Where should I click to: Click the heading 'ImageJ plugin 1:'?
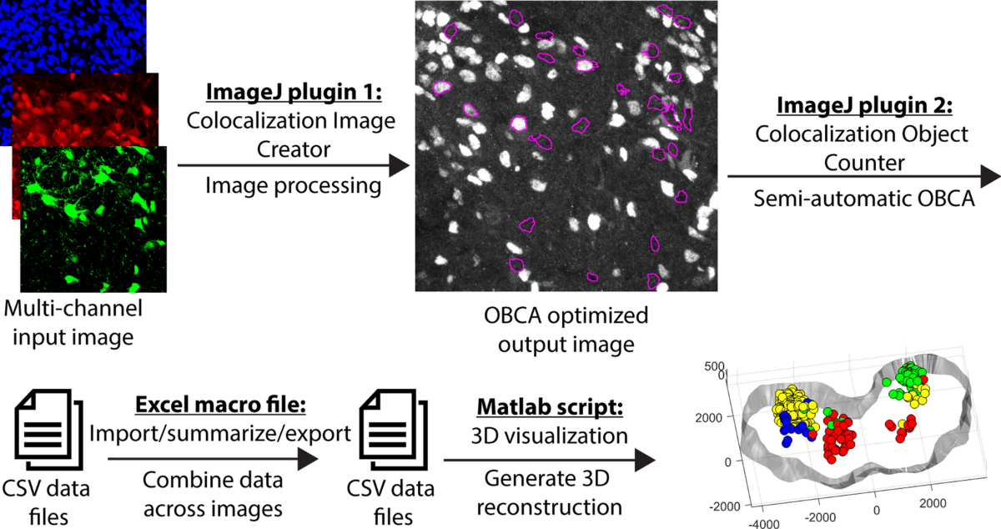(289, 91)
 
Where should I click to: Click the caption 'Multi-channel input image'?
(73, 324)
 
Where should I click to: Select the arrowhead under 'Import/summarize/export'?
(309, 458)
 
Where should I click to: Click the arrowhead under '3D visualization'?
(644, 458)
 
